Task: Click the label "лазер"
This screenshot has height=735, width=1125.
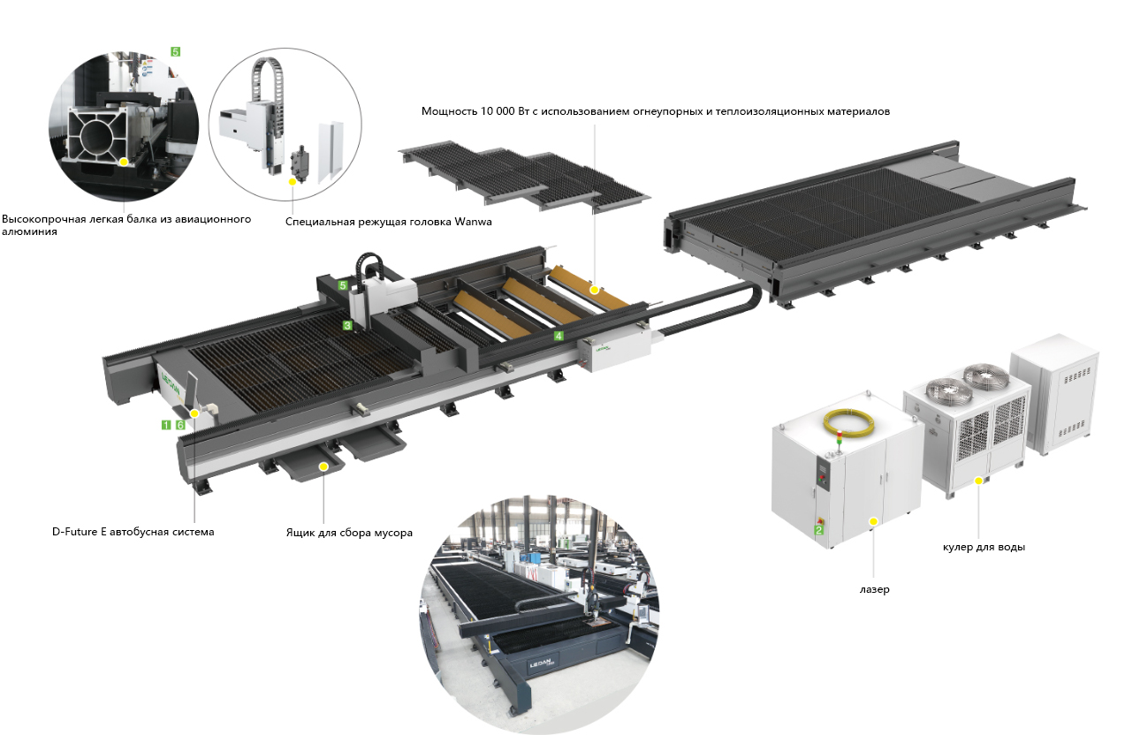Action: click(873, 589)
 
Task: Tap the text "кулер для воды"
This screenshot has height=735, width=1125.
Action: click(984, 547)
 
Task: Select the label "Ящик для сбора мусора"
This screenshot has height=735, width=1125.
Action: click(349, 533)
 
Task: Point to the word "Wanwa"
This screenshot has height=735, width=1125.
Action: click(473, 222)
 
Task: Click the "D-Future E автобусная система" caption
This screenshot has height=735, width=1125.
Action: click(133, 532)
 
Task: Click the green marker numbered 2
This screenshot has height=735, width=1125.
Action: click(818, 529)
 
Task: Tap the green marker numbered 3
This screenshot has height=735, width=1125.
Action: click(347, 325)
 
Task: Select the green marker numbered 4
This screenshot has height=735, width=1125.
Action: click(559, 336)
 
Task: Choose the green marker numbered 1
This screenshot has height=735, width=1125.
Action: click(165, 425)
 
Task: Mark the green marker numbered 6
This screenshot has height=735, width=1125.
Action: click(180, 425)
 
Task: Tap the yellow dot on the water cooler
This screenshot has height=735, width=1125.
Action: click(979, 481)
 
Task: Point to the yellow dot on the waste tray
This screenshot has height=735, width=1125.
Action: click(323, 465)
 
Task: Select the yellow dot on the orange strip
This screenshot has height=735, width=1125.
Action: click(595, 289)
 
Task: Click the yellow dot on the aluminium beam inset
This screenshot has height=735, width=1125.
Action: click(125, 162)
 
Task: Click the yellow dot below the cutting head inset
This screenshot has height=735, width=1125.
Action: click(292, 182)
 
